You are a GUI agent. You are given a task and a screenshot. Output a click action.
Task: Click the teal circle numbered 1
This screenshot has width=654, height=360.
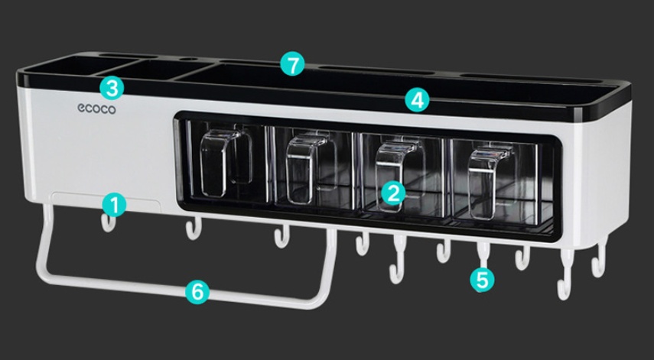click(113, 204)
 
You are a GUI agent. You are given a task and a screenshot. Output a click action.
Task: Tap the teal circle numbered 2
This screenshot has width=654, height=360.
click(393, 192)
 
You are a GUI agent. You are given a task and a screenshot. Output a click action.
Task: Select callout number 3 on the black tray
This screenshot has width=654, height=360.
click(112, 87)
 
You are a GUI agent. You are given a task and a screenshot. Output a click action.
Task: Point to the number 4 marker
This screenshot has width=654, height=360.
click(417, 99)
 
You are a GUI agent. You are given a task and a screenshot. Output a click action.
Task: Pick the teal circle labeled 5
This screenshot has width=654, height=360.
click(482, 279)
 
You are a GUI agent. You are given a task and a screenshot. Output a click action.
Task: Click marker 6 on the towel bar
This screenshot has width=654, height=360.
click(197, 290)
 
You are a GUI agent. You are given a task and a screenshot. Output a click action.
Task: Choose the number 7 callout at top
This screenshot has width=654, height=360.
click(291, 64)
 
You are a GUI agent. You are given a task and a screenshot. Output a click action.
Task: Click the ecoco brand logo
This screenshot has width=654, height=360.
click(96, 109)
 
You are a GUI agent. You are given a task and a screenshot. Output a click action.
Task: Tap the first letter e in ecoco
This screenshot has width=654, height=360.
click(80, 109)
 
